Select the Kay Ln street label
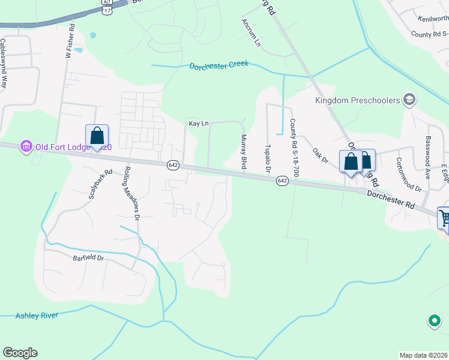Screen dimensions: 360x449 198,124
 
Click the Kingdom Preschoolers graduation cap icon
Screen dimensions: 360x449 410,100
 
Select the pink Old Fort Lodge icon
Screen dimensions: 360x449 26,146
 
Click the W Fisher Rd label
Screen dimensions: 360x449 68,40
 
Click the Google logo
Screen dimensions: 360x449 20,353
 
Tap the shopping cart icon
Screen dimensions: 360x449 444,217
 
